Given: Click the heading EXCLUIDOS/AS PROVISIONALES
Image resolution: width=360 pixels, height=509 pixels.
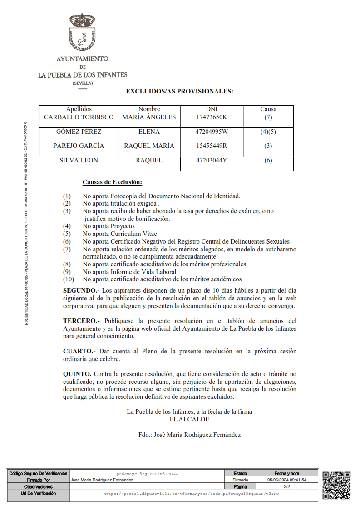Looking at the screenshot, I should point(179,91).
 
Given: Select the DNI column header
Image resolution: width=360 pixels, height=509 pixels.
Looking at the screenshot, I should point(212,109).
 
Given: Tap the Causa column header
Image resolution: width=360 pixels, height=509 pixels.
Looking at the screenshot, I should point(268,109).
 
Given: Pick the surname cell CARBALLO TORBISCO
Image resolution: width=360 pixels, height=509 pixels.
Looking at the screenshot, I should point(79,117).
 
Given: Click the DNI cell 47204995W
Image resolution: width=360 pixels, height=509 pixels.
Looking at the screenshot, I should point(212,132).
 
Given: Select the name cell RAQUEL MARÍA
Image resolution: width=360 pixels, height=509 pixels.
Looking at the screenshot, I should point(149,146).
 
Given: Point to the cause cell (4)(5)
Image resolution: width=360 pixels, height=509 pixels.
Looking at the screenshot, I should point(268,132).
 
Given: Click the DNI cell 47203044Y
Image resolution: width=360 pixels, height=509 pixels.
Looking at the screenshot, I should point(212,160).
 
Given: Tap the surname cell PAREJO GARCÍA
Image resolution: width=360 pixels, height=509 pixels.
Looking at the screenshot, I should point(79,146).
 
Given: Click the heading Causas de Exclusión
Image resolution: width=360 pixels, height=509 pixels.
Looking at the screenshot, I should point(112,182).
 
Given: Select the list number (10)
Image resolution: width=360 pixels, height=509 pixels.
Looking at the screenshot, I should point(68,279).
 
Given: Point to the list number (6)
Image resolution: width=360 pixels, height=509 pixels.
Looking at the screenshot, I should point(67,241).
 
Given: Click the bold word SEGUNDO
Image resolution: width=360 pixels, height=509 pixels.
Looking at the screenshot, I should point(80,290).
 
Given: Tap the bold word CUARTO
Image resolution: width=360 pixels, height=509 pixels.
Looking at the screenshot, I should point(79,351).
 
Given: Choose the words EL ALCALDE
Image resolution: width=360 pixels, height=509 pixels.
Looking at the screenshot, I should point(189,419).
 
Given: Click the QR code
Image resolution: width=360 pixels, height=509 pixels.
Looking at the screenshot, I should point(336,485).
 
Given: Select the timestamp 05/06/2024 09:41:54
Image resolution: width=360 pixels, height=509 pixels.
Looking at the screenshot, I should point(286,480).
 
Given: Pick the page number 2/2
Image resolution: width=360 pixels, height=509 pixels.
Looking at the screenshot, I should point(286,486).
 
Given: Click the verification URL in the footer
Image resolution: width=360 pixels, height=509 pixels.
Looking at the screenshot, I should point(193,494).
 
